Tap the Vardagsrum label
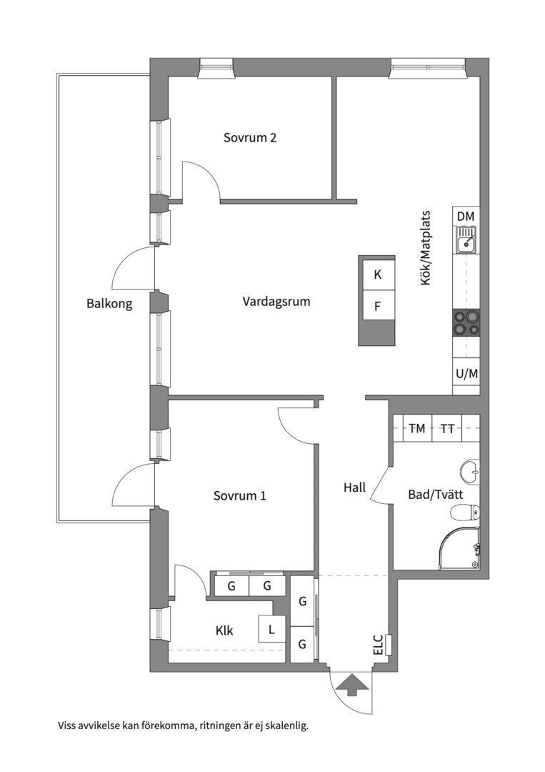coord(276,302)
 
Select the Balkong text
coord(109,303)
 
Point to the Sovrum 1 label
coord(239,495)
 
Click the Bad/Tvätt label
coord(435,495)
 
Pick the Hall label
coord(355,488)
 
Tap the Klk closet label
coord(224,630)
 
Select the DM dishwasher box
coord(466,216)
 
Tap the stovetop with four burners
coord(466,322)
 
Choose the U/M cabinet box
coord(466,374)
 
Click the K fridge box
coord(377,274)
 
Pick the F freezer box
coord(377,305)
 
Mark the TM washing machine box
coord(417,428)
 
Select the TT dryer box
coord(447,428)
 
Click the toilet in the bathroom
coord(464,513)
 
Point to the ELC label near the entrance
coord(378,645)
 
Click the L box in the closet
coord(271,628)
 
